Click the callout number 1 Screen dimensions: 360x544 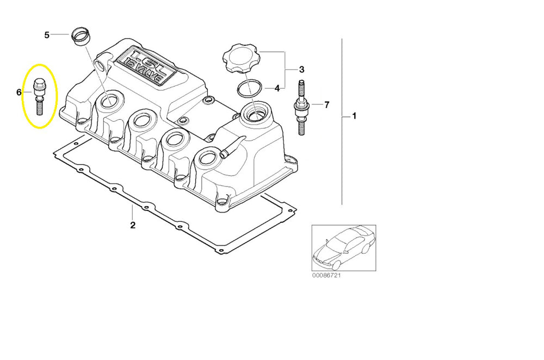(354, 116)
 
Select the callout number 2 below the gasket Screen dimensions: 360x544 (132, 225)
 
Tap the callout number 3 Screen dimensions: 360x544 (301, 70)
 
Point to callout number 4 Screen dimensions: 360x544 (277, 88)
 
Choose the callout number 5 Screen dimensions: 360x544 (47, 35)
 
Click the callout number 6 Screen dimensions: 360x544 (19, 92)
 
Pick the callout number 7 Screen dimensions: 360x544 (326, 104)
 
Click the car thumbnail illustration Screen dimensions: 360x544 (343, 248)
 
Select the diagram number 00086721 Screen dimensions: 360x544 (327, 276)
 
